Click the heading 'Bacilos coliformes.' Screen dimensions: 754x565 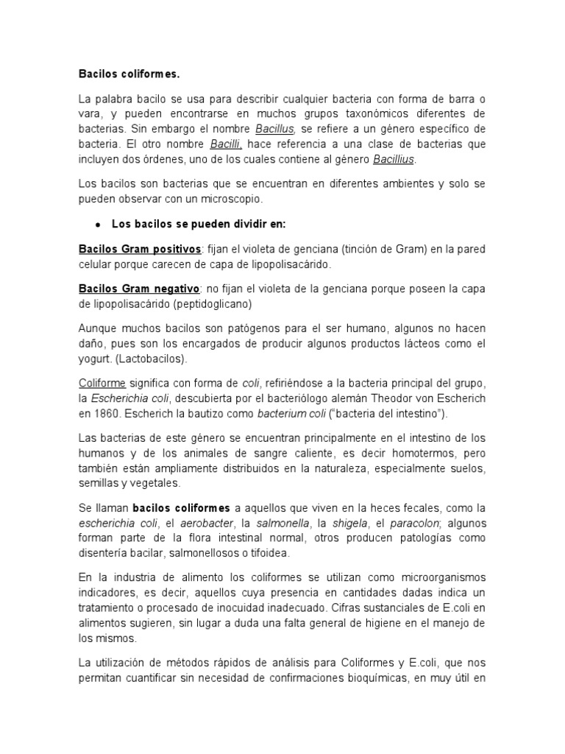(x=129, y=74)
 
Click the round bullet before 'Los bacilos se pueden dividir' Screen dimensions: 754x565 (x=97, y=222)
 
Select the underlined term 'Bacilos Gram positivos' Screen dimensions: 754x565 (x=140, y=249)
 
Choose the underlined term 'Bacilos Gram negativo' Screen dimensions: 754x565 (x=139, y=289)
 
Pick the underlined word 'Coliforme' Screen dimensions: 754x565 (x=102, y=383)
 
